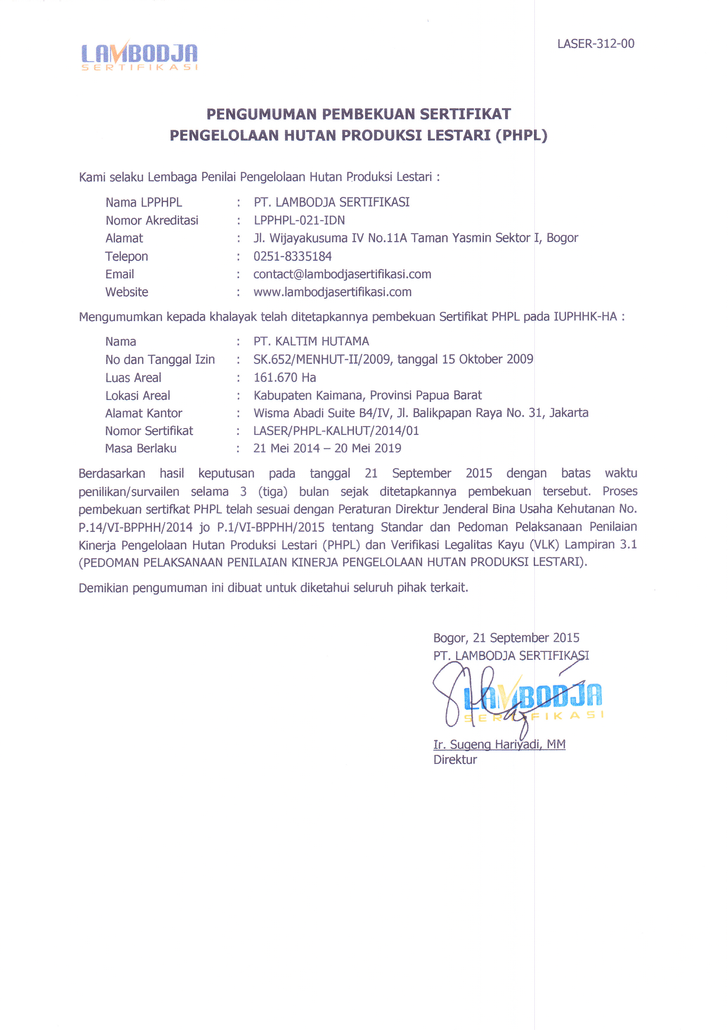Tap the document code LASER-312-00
tap(595, 44)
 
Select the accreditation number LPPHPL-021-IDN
tap(299, 220)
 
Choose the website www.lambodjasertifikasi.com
tap(333, 292)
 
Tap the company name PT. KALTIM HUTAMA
tap(311, 341)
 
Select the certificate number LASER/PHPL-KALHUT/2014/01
tap(336, 431)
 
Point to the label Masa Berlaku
tap(141, 448)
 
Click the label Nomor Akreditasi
tap(152, 220)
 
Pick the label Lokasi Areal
tap(138, 395)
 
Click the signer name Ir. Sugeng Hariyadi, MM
tap(499, 744)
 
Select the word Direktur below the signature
tap(455, 759)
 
